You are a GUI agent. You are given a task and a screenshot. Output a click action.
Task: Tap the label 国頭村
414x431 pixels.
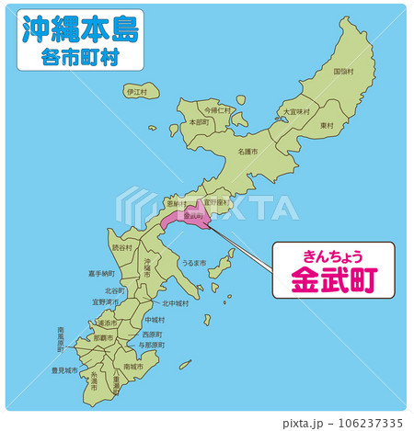[x=343, y=71]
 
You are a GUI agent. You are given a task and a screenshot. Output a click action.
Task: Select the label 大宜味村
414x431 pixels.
[x=296, y=111]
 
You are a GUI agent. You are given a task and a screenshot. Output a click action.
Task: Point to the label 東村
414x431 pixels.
[x=327, y=125]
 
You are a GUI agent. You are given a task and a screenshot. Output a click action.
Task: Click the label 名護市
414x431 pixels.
[x=247, y=151]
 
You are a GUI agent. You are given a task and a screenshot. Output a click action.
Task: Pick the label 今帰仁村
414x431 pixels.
[x=218, y=109]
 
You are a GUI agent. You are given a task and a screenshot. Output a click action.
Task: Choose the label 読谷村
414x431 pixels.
[x=122, y=247]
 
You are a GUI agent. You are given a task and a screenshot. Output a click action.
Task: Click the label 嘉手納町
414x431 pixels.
[x=102, y=273]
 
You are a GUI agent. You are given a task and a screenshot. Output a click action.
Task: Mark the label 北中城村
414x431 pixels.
[x=175, y=303]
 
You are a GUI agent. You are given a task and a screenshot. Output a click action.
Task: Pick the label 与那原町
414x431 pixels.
[x=151, y=345]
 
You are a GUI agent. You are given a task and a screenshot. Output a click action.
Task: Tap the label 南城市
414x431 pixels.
[x=132, y=366]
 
